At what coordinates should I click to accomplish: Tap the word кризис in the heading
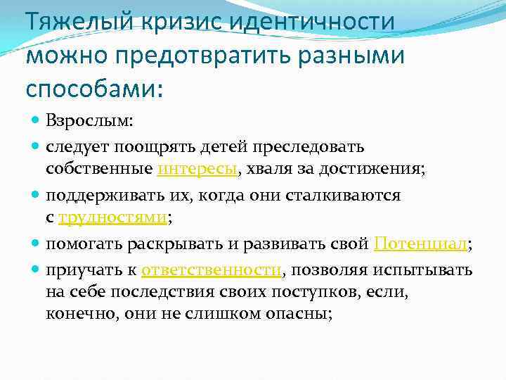click(176, 22)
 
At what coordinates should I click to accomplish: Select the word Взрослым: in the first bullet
click(89, 121)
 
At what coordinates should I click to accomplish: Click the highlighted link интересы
click(200, 169)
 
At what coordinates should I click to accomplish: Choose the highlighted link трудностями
click(113, 218)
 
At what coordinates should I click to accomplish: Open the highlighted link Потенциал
click(420, 244)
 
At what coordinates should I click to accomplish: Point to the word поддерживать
click(103, 195)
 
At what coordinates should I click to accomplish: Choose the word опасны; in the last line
click(301, 315)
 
